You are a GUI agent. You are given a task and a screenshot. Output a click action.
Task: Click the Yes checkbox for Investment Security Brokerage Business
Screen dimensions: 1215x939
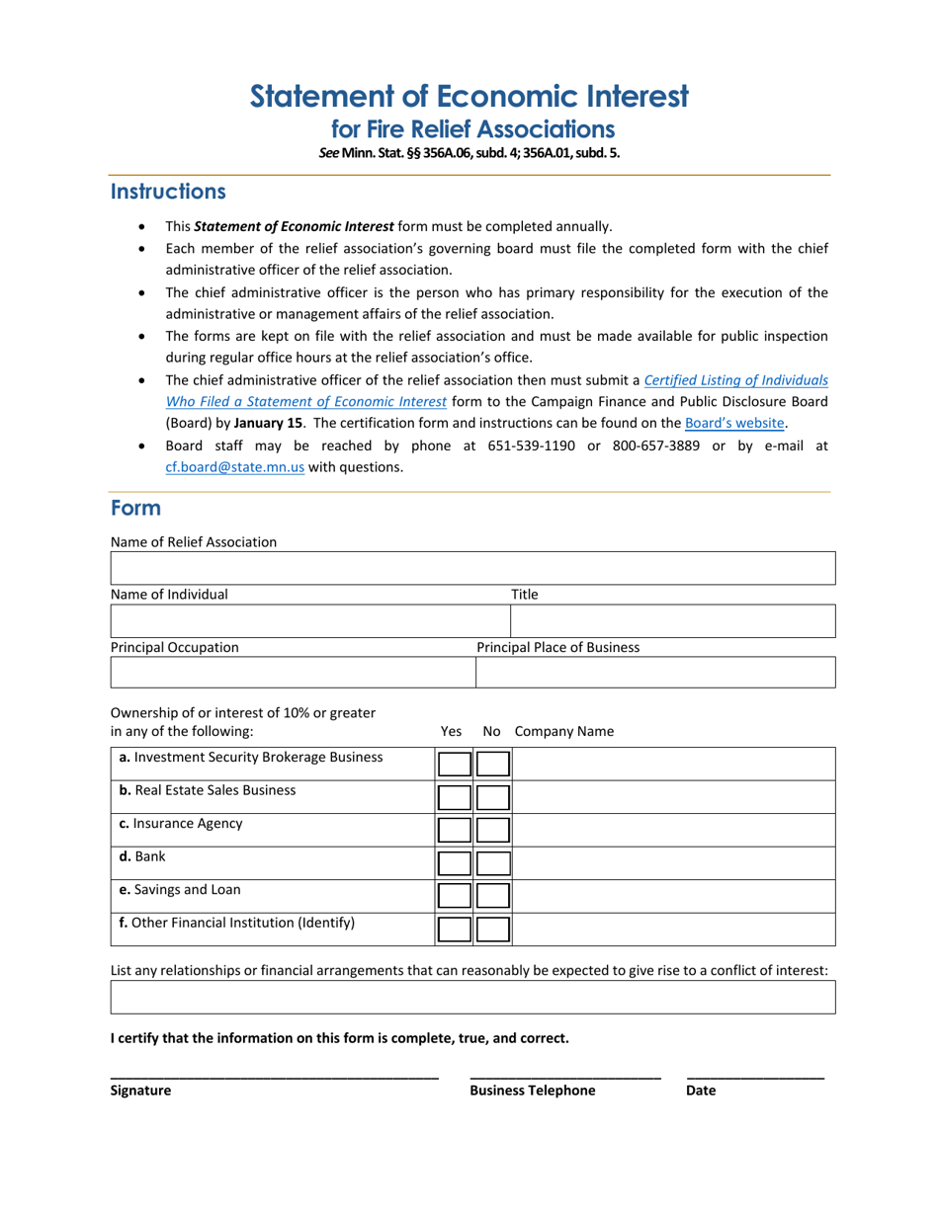point(455,764)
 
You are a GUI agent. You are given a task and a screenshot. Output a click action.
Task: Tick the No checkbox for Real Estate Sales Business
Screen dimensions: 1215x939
point(492,797)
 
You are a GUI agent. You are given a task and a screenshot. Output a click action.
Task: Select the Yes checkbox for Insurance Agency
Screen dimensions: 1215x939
point(455,830)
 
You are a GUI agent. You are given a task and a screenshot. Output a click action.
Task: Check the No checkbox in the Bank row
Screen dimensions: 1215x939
point(492,863)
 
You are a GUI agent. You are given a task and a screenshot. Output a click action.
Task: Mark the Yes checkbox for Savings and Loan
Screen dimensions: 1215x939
point(455,896)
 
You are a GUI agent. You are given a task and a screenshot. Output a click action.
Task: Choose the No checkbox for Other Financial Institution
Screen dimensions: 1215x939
point(492,930)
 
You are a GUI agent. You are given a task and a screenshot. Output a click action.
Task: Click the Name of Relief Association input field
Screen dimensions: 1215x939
point(472,569)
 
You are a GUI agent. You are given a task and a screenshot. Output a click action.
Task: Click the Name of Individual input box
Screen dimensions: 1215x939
point(309,621)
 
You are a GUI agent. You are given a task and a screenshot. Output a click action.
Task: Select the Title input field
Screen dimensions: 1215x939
point(672,621)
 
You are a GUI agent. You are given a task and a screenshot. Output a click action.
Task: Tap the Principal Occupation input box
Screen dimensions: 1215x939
point(293,672)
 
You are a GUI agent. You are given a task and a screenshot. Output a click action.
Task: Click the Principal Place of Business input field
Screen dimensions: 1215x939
point(655,672)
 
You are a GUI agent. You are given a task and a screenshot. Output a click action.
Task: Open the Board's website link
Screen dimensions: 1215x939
point(735,423)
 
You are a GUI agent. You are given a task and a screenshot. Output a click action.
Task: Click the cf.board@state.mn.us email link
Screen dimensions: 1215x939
point(234,467)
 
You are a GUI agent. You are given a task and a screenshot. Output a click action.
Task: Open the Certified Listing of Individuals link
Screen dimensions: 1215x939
point(735,379)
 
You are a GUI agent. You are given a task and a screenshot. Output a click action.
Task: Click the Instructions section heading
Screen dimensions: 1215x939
point(168,192)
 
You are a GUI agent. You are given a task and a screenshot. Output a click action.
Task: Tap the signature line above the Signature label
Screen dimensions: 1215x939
point(274,1073)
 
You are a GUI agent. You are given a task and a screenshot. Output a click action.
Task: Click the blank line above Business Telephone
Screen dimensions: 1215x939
point(565,1073)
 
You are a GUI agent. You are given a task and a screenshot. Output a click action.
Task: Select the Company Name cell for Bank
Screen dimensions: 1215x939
point(672,863)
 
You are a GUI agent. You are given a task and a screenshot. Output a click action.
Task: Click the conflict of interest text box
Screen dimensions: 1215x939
point(472,997)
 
